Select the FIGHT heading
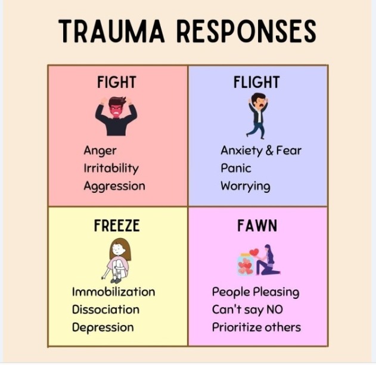click(117, 82)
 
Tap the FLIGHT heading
click(257, 82)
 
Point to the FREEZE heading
click(117, 226)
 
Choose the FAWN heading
click(257, 226)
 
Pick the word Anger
click(100, 151)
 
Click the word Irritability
click(111, 168)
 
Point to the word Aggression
click(114, 186)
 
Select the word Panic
click(236, 168)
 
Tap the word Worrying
click(245, 186)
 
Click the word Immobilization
click(113, 292)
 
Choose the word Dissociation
click(105, 310)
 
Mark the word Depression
click(102, 327)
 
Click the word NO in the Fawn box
click(275, 310)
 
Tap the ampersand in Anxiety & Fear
click(269, 151)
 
